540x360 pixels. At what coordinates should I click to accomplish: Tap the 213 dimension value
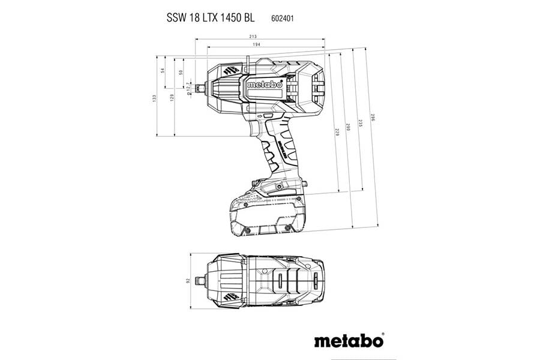click(x=259, y=37)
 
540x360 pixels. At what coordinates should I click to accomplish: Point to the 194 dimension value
click(x=265, y=45)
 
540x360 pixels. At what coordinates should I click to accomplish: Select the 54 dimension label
click(x=162, y=71)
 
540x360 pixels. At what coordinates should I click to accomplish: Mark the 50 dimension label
click(x=181, y=72)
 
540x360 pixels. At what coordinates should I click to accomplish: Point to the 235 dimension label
click(x=361, y=124)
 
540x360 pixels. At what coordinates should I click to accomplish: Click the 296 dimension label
click(x=372, y=118)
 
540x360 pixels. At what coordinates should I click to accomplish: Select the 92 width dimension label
click(x=188, y=280)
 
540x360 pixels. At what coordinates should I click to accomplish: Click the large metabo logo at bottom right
click(x=348, y=340)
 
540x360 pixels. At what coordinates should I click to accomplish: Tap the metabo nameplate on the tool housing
click(x=264, y=85)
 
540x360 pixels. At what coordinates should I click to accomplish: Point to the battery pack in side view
click(x=268, y=210)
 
